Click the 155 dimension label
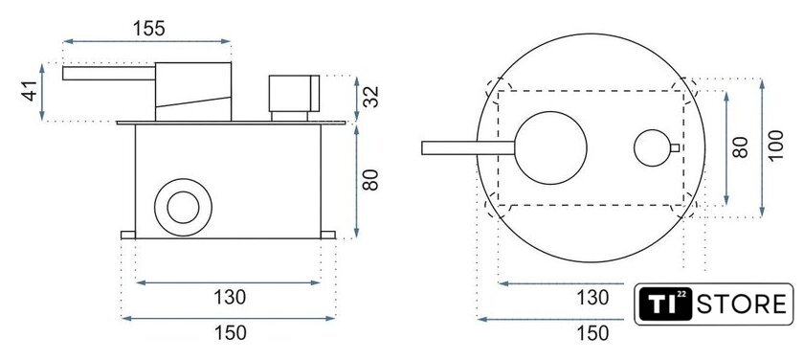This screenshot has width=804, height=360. click(148, 28)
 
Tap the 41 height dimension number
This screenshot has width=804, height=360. click(31, 91)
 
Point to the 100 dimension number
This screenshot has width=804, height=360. click(776, 146)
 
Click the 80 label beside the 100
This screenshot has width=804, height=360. click(740, 147)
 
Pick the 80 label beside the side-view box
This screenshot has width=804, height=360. click(369, 180)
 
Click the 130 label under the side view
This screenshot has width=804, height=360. click(231, 297)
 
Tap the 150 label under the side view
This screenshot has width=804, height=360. click(231, 333)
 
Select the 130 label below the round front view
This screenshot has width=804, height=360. click(592, 298)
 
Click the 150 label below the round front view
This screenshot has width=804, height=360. click(592, 333)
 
